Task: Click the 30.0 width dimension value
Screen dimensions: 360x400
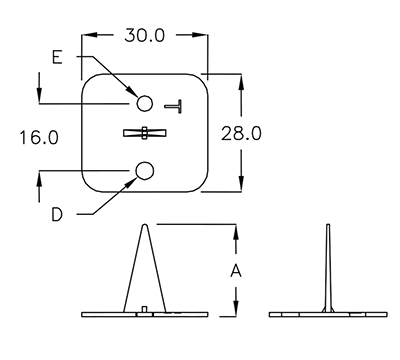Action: point(146,36)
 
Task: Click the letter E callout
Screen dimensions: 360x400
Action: point(57,58)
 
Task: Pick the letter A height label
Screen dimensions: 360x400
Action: point(236,270)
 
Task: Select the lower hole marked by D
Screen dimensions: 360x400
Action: point(144,172)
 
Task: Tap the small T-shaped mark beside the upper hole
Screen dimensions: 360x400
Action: point(176,104)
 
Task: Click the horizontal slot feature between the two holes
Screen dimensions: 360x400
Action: point(144,133)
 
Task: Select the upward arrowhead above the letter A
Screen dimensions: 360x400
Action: point(236,232)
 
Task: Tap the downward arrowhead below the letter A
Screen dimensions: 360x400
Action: point(236,309)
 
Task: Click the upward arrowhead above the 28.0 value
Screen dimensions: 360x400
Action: point(241,81)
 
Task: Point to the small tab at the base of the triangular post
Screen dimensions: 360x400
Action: point(146,309)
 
